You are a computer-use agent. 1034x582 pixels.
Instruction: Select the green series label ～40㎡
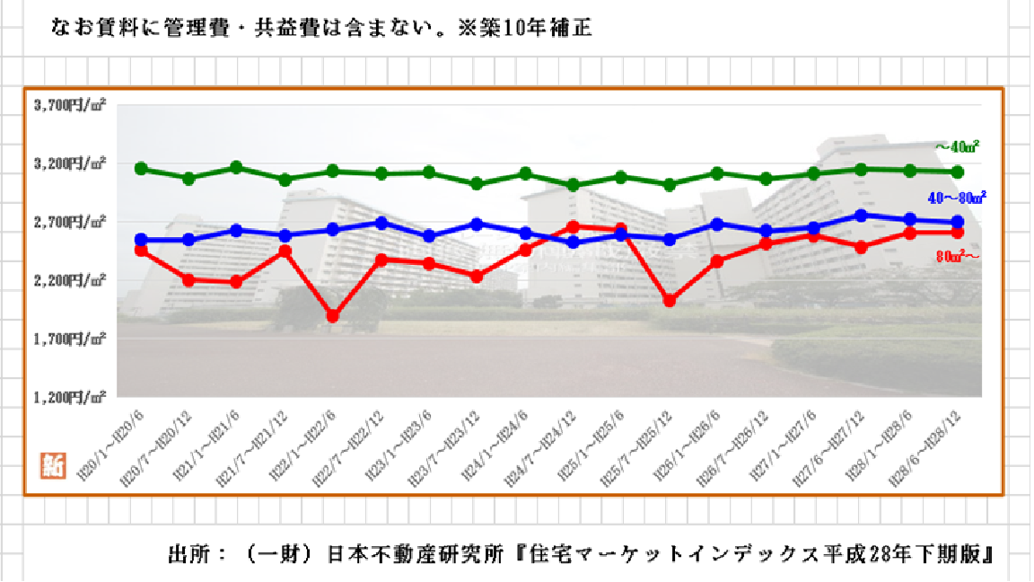(956, 146)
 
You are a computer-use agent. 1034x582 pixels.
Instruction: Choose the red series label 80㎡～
(957, 256)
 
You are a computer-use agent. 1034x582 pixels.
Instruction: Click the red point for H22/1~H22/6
(332, 316)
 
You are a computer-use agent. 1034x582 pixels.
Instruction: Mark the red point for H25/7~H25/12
(669, 300)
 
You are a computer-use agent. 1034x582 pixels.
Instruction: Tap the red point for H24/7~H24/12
(573, 227)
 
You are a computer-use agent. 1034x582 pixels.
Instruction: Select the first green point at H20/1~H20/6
(141, 169)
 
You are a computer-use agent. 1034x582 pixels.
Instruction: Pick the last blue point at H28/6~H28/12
(957, 222)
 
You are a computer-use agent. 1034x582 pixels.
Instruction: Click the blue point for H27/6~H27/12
(861, 216)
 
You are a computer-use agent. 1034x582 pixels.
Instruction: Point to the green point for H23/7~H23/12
(477, 183)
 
